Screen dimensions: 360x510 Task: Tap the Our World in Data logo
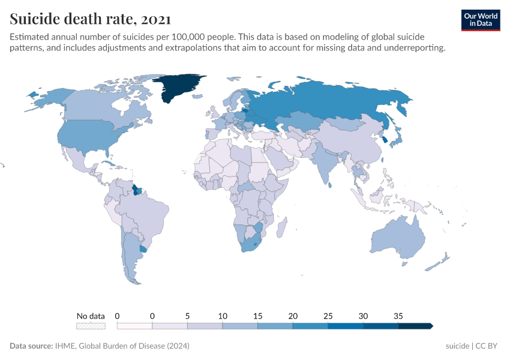click(x=481, y=20)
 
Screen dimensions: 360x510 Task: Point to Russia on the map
click(x=324, y=102)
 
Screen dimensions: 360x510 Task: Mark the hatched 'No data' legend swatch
click(x=91, y=326)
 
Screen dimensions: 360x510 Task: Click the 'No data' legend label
click(x=91, y=316)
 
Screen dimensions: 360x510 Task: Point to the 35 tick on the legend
click(x=398, y=316)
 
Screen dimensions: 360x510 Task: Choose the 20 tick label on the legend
click(x=293, y=316)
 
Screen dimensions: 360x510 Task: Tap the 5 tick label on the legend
click(x=187, y=316)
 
